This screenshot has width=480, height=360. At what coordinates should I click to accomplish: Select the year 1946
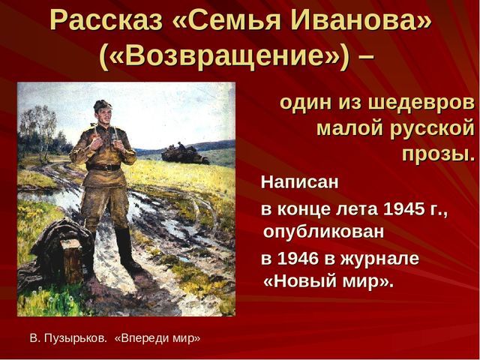(x=298, y=259)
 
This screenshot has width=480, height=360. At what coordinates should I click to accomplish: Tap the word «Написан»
(x=300, y=182)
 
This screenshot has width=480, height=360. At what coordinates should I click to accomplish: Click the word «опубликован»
(x=323, y=232)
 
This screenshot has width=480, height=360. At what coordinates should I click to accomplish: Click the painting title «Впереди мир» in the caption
(x=157, y=338)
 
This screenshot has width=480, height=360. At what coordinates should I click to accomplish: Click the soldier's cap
(x=102, y=106)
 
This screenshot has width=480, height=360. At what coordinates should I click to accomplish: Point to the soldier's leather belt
(x=103, y=167)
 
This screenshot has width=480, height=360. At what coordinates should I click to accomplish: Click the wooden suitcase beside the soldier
(x=71, y=261)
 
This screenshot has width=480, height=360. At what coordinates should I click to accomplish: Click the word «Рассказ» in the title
(x=106, y=22)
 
